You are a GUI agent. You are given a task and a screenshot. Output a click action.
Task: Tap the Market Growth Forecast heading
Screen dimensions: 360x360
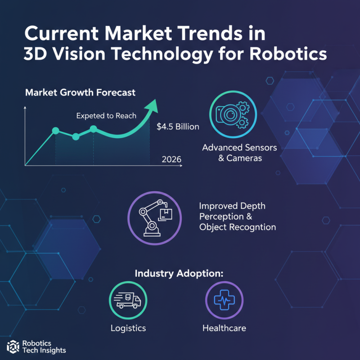click(80, 93)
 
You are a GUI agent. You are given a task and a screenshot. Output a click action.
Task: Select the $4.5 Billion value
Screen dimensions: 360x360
click(178, 127)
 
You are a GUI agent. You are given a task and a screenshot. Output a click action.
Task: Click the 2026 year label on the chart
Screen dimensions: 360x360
click(171, 159)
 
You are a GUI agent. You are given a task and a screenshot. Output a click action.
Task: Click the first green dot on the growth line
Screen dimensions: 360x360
click(56, 131)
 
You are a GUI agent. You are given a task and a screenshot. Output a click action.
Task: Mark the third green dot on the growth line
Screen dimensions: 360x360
click(94, 129)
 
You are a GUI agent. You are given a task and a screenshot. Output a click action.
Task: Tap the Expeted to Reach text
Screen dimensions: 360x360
click(106, 116)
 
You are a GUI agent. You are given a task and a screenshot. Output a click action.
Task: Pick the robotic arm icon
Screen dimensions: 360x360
click(154, 215)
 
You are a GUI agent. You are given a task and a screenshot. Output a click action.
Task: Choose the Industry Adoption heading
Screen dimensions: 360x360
click(179, 274)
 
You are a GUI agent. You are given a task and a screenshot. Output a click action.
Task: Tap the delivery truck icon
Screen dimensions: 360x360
click(128, 301)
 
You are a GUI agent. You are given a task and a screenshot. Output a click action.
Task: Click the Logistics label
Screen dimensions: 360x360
click(128, 328)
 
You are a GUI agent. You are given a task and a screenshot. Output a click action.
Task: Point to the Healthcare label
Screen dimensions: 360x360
click(224, 328)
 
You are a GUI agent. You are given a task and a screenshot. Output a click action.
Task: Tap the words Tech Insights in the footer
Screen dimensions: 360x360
click(44, 350)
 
